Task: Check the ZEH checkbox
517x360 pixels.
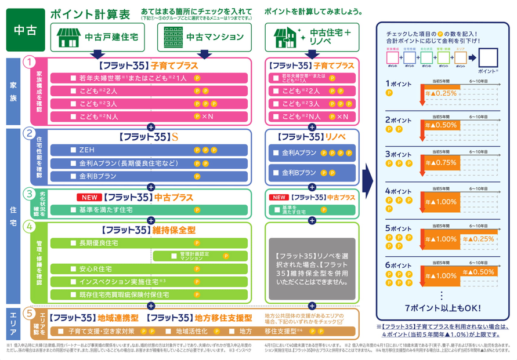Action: (x=73, y=150)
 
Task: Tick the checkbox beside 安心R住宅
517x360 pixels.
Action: (x=73, y=269)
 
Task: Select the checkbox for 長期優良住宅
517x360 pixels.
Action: (x=73, y=242)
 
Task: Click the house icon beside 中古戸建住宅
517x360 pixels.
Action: (x=69, y=37)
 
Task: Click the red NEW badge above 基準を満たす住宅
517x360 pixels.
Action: (x=89, y=197)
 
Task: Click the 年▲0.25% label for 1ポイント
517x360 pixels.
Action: (x=441, y=93)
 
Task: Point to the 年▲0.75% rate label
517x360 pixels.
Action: (x=441, y=162)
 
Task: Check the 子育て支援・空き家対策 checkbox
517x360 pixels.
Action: (x=60, y=332)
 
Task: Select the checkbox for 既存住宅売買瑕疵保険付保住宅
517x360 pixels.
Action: (x=73, y=294)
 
